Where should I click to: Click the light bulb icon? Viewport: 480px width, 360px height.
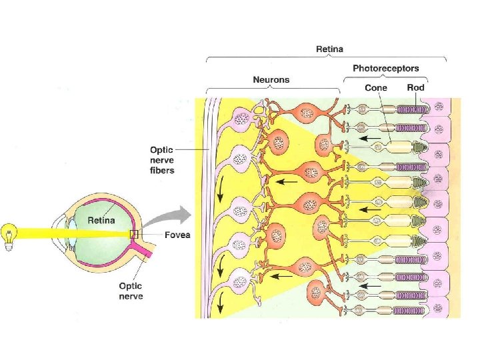click(x=10, y=236)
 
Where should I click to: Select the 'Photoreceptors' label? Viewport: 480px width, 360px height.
click(x=386, y=69)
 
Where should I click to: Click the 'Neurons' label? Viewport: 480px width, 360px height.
click(x=271, y=79)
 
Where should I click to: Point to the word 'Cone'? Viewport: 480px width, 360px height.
click(x=376, y=87)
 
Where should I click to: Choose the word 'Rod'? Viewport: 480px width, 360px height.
click(x=415, y=87)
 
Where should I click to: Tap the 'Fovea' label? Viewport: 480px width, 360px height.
click(x=176, y=235)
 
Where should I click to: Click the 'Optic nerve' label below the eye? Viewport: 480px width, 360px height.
click(x=131, y=291)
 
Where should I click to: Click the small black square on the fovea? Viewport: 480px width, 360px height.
click(x=134, y=234)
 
